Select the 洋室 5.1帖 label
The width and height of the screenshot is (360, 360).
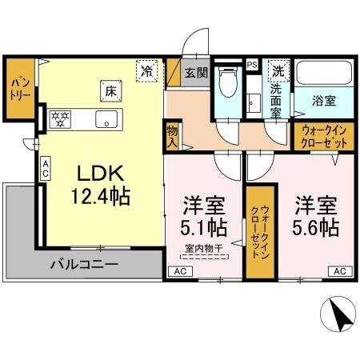pyautogui.click(x=203, y=214)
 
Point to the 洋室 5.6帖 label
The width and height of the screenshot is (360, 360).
pyautogui.click(x=314, y=214)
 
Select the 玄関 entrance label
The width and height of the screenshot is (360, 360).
pyautogui.click(x=197, y=73)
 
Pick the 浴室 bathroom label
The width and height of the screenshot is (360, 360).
pyautogui.click(x=323, y=102)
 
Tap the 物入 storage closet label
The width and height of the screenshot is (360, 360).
pyautogui.click(x=171, y=135)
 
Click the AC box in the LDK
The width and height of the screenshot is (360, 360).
pyautogui.click(x=46, y=167)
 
